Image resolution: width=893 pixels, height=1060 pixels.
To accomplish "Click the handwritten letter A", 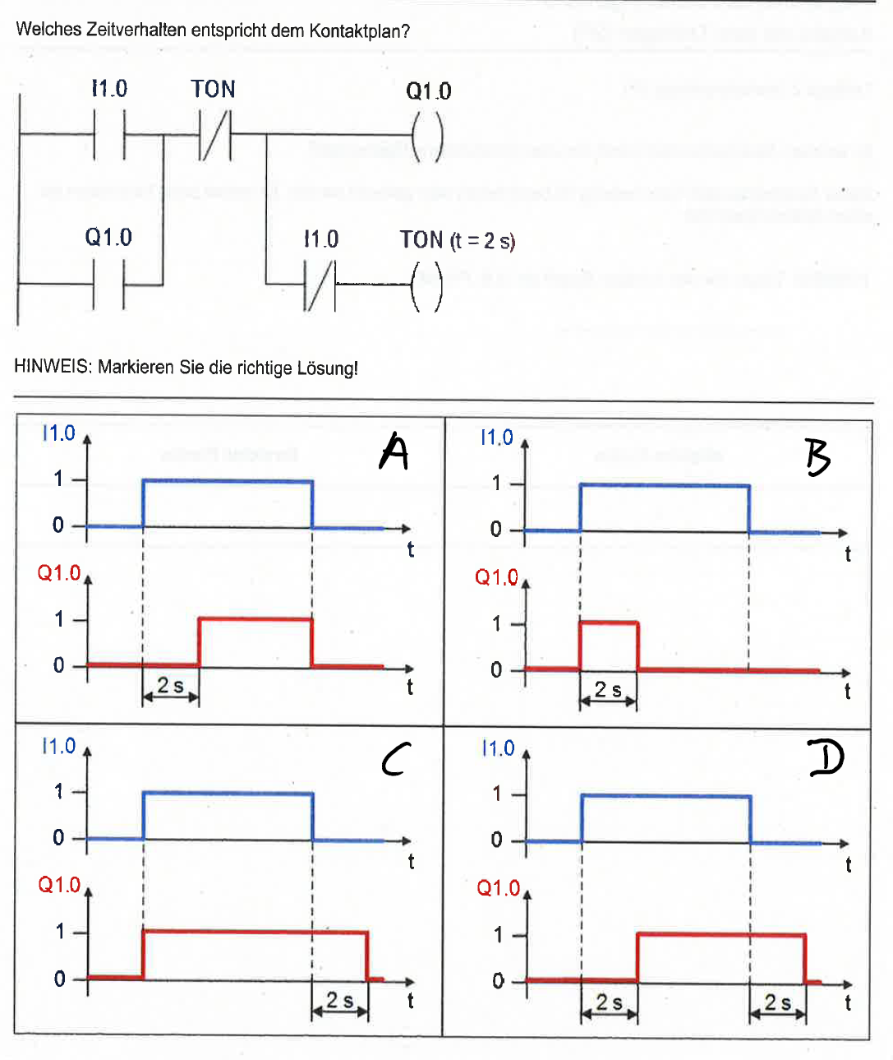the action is pyautogui.click(x=394, y=451).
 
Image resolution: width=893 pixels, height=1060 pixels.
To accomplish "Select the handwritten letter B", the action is pyautogui.click(x=817, y=457).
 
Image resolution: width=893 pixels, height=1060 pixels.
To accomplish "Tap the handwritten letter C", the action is pyautogui.click(x=395, y=759).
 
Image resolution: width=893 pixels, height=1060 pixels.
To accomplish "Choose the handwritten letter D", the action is pyautogui.click(x=826, y=758).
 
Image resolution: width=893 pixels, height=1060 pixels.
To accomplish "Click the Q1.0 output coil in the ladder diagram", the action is pyautogui.click(x=427, y=136).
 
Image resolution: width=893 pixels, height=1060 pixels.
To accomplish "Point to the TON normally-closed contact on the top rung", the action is pyautogui.click(x=216, y=136).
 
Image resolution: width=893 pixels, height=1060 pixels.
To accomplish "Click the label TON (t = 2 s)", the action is pyautogui.click(x=458, y=240).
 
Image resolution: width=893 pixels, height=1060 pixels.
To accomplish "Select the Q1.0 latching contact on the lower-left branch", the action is pyautogui.click(x=108, y=285).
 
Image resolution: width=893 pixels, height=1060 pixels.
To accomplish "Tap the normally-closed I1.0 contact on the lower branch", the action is pyautogui.click(x=320, y=285).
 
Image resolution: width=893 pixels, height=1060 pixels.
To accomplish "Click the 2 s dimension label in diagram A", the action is pyautogui.click(x=170, y=685).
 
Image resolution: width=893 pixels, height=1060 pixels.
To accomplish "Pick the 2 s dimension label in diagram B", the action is pyautogui.click(x=608, y=689).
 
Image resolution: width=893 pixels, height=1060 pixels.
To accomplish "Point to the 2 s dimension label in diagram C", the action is pyautogui.click(x=340, y=1000).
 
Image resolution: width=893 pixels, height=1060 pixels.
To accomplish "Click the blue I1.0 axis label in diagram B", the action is pyautogui.click(x=497, y=437).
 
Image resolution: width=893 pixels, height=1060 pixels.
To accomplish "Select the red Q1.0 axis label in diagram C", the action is pyautogui.click(x=59, y=885).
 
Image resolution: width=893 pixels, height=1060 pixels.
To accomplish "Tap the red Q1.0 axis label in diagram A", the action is pyautogui.click(x=59, y=572).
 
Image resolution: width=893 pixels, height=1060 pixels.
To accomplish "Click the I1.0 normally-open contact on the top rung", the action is pyautogui.click(x=109, y=135).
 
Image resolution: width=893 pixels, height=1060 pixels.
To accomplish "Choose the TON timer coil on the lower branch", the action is pyautogui.click(x=427, y=286).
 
